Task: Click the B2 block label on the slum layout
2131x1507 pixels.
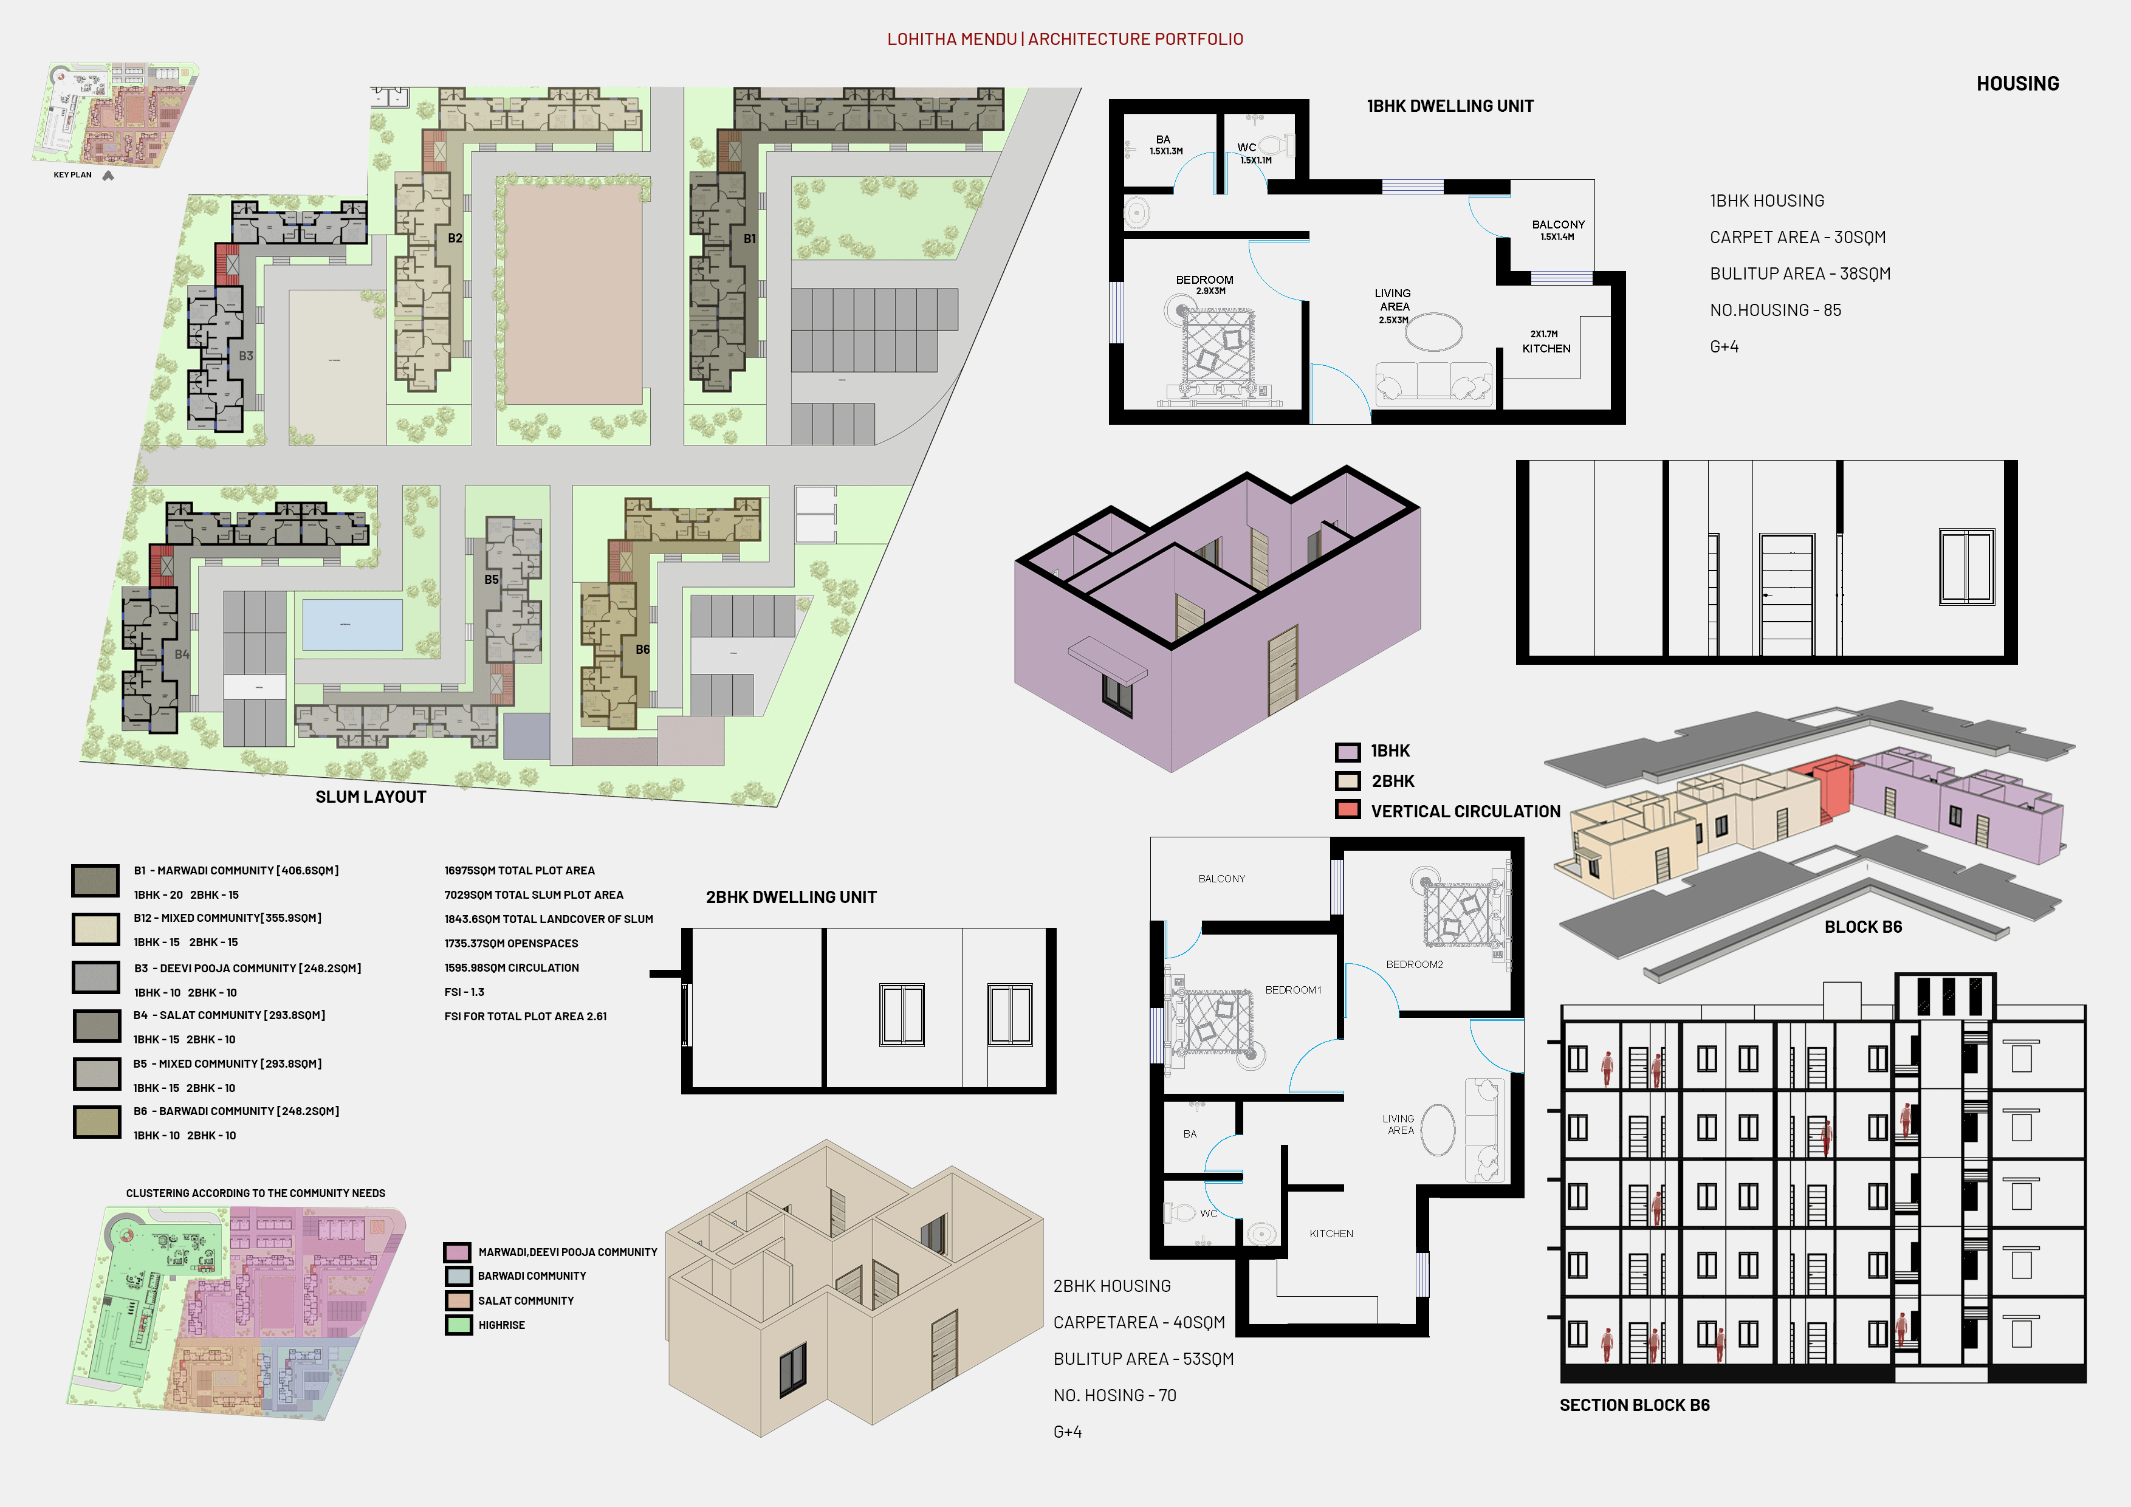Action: pyautogui.click(x=455, y=238)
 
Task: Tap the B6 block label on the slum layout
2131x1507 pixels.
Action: pyautogui.click(x=642, y=650)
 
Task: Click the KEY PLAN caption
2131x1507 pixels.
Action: pyautogui.click(x=72, y=174)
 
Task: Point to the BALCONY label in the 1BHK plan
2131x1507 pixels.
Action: pyautogui.click(x=1559, y=225)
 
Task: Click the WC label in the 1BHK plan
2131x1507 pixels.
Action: pyautogui.click(x=1246, y=148)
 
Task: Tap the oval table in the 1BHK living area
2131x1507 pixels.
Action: pyautogui.click(x=1434, y=331)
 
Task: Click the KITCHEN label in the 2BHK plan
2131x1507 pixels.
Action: pyautogui.click(x=1331, y=1234)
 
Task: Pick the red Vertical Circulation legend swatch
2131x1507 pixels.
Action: pyautogui.click(x=1348, y=809)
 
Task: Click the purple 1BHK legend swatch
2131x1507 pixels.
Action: pyautogui.click(x=1348, y=752)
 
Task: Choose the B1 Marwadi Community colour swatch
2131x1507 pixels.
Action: pyautogui.click(x=95, y=881)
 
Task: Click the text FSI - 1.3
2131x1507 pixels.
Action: pyautogui.click(x=464, y=992)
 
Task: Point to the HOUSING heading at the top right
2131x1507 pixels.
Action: pyautogui.click(x=2018, y=83)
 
